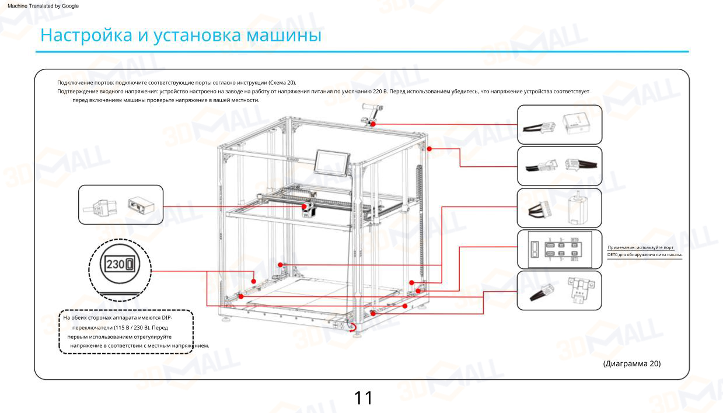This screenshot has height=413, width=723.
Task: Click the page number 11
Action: point(363,398)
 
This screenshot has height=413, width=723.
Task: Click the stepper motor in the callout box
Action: point(578,208)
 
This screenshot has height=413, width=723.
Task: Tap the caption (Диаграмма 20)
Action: point(631,363)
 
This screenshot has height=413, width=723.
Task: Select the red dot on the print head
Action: point(304,206)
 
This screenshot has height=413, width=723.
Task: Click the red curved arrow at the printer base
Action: point(352,328)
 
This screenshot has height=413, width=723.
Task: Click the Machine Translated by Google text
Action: point(43,6)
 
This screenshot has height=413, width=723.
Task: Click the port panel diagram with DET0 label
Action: point(559,249)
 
